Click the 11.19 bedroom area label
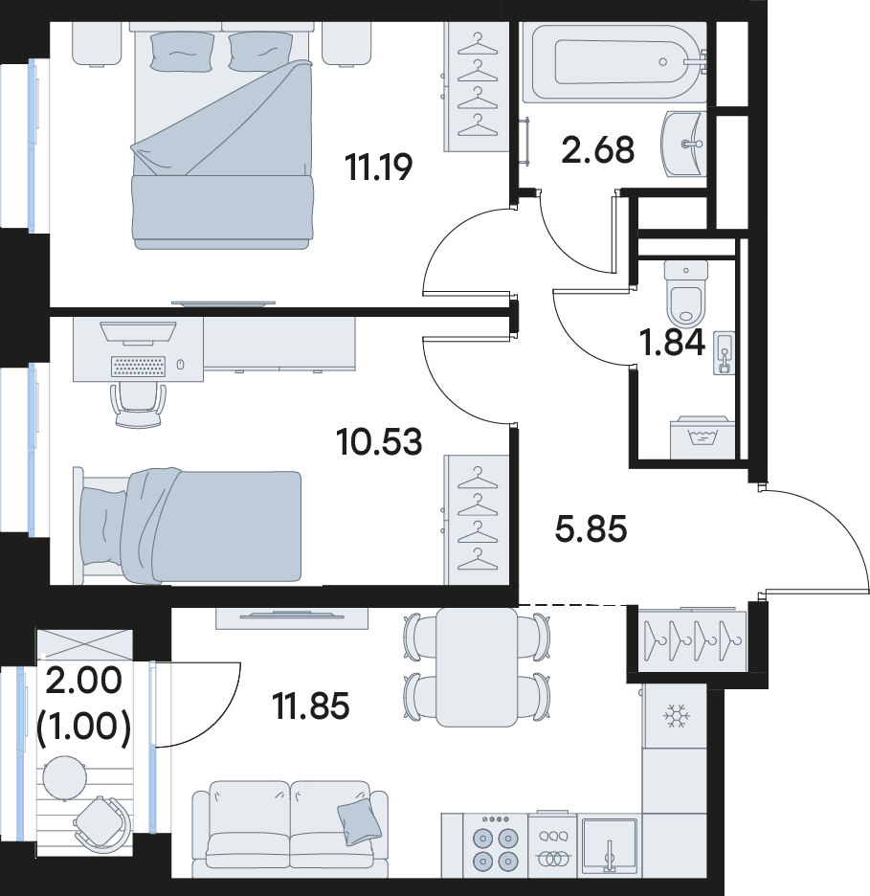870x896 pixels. [x=378, y=168]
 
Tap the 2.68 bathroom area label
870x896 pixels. [x=597, y=150]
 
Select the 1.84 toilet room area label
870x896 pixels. [x=672, y=344]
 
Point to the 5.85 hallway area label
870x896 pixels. [x=591, y=528]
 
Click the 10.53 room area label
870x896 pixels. [x=379, y=442]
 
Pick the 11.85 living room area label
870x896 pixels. [x=311, y=706]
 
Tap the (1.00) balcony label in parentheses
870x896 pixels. [x=83, y=728]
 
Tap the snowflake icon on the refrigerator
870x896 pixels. [x=677, y=716]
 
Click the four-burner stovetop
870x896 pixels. [x=495, y=847]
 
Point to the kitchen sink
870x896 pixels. [x=610, y=847]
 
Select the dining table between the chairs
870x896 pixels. [x=477, y=667]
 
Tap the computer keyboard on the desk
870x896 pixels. [x=139, y=367]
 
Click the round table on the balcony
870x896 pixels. [x=64, y=777]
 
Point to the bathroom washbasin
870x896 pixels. [x=683, y=144]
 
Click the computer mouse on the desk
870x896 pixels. [x=181, y=364]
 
